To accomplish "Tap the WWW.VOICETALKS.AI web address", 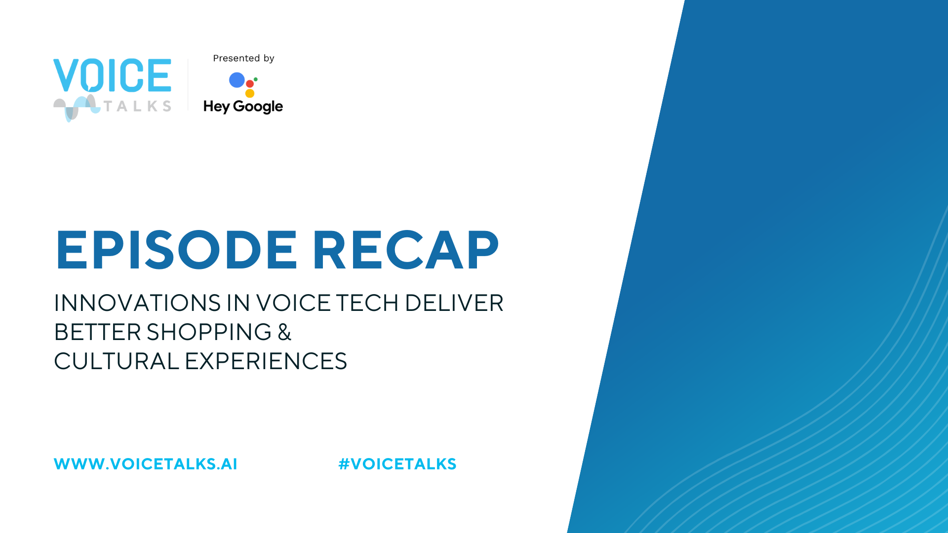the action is click(146, 464).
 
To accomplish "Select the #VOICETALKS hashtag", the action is click(397, 464).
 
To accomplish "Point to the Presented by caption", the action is click(243, 58).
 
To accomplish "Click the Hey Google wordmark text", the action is click(243, 107).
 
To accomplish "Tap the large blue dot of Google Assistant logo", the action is click(237, 80).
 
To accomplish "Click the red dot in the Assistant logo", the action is click(250, 84).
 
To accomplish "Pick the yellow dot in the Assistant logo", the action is click(250, 93).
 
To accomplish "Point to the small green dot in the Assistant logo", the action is click(256, 79).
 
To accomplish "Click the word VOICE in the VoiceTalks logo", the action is click(113, 76).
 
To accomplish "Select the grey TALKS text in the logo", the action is click(137, 106).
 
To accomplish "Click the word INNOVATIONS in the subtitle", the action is click(137, 303).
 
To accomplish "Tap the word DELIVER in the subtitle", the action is click(454, 303).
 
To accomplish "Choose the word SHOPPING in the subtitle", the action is click(209, 332).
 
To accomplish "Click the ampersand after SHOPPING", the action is click(284, 332).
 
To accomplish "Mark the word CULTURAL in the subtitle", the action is click(117, 361).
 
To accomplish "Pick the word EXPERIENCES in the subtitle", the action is click(266, 361).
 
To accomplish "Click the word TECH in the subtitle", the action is click(367, 303).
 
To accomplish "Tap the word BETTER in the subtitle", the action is click(98, 332).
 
